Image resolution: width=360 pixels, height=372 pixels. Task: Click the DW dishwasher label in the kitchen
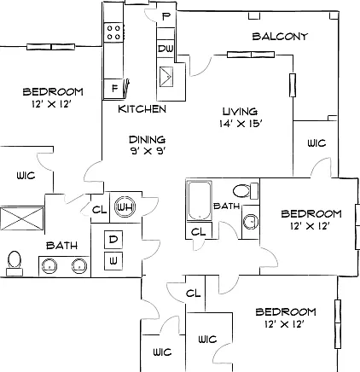click(165, 49)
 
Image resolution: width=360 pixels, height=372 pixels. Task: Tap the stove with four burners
click(113, 32)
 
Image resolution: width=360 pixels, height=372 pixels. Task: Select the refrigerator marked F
click(114, 89)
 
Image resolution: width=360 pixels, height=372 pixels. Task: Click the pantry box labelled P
click(165, 16)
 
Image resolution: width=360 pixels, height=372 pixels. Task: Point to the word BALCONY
click(280, 37)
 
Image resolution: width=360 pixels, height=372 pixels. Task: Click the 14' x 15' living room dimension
click(241, 124)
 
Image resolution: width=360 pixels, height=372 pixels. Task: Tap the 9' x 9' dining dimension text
click(148, 151)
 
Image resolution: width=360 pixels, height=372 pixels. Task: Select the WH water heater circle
click(125, 206)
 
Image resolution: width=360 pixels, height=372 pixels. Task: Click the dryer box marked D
click(113, 240)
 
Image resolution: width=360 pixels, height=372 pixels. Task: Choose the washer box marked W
click(113, 261)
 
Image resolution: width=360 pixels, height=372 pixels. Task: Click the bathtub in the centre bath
click(199, 201)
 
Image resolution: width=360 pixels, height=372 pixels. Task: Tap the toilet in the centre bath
click(246, 191)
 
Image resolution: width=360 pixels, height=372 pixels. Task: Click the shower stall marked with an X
click(22, 218)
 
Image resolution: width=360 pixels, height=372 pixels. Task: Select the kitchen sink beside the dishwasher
click(166, 76)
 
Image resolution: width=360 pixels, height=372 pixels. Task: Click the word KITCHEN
click(142, 109)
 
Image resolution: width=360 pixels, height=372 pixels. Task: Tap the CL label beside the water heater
click(100, 210)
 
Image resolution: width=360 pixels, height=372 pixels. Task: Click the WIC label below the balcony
click(316, 142)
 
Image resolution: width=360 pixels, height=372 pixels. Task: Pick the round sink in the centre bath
click(251, 221)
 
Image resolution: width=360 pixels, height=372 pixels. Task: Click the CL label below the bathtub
click(199, 232)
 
